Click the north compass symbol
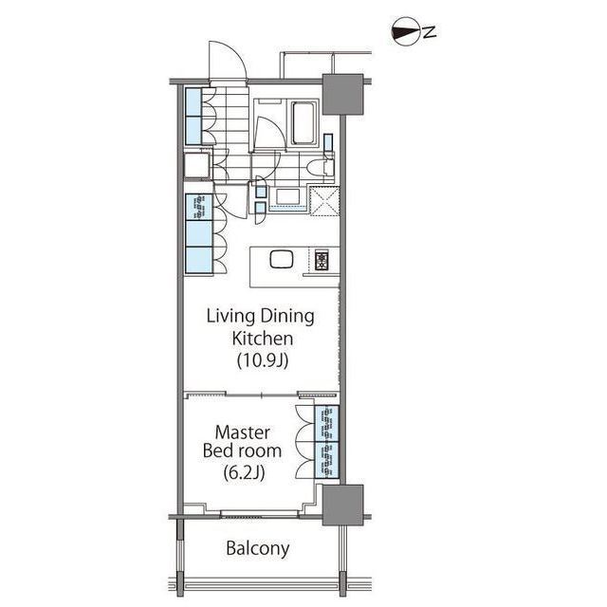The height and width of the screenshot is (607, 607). pyautogui.click(x=414, y=32)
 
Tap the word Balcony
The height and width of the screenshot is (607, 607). pyautogui.click(x=257, y=548)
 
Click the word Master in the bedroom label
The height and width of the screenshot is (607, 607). pyautogui.click(x=243, y=432)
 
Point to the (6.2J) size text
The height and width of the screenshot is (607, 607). pyautogui.click(x=244, y=472)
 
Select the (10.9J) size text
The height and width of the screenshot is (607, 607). pyautogui.click(x=263, y=360)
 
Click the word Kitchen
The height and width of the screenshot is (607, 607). pyautogui.click(x=262, y=339)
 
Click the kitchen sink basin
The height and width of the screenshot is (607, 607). pyautogui.click(x=282, y=259)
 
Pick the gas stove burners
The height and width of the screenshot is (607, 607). pyautogui.click(x=322, y=260)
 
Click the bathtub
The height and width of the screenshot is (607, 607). pyautogui.click(x=304, y=123)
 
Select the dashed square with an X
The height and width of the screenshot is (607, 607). pyautogui.click(x=324, y=200)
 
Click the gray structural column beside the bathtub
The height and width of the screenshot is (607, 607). pyautogui.click(x=342, y=94)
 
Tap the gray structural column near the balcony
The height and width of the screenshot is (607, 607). pyautogui.click(x=342, y=505)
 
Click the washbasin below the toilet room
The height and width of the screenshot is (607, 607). pyautogui.click(x=287, y=197)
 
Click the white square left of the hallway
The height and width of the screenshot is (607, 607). pyautogui.click(x=197, y=165)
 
